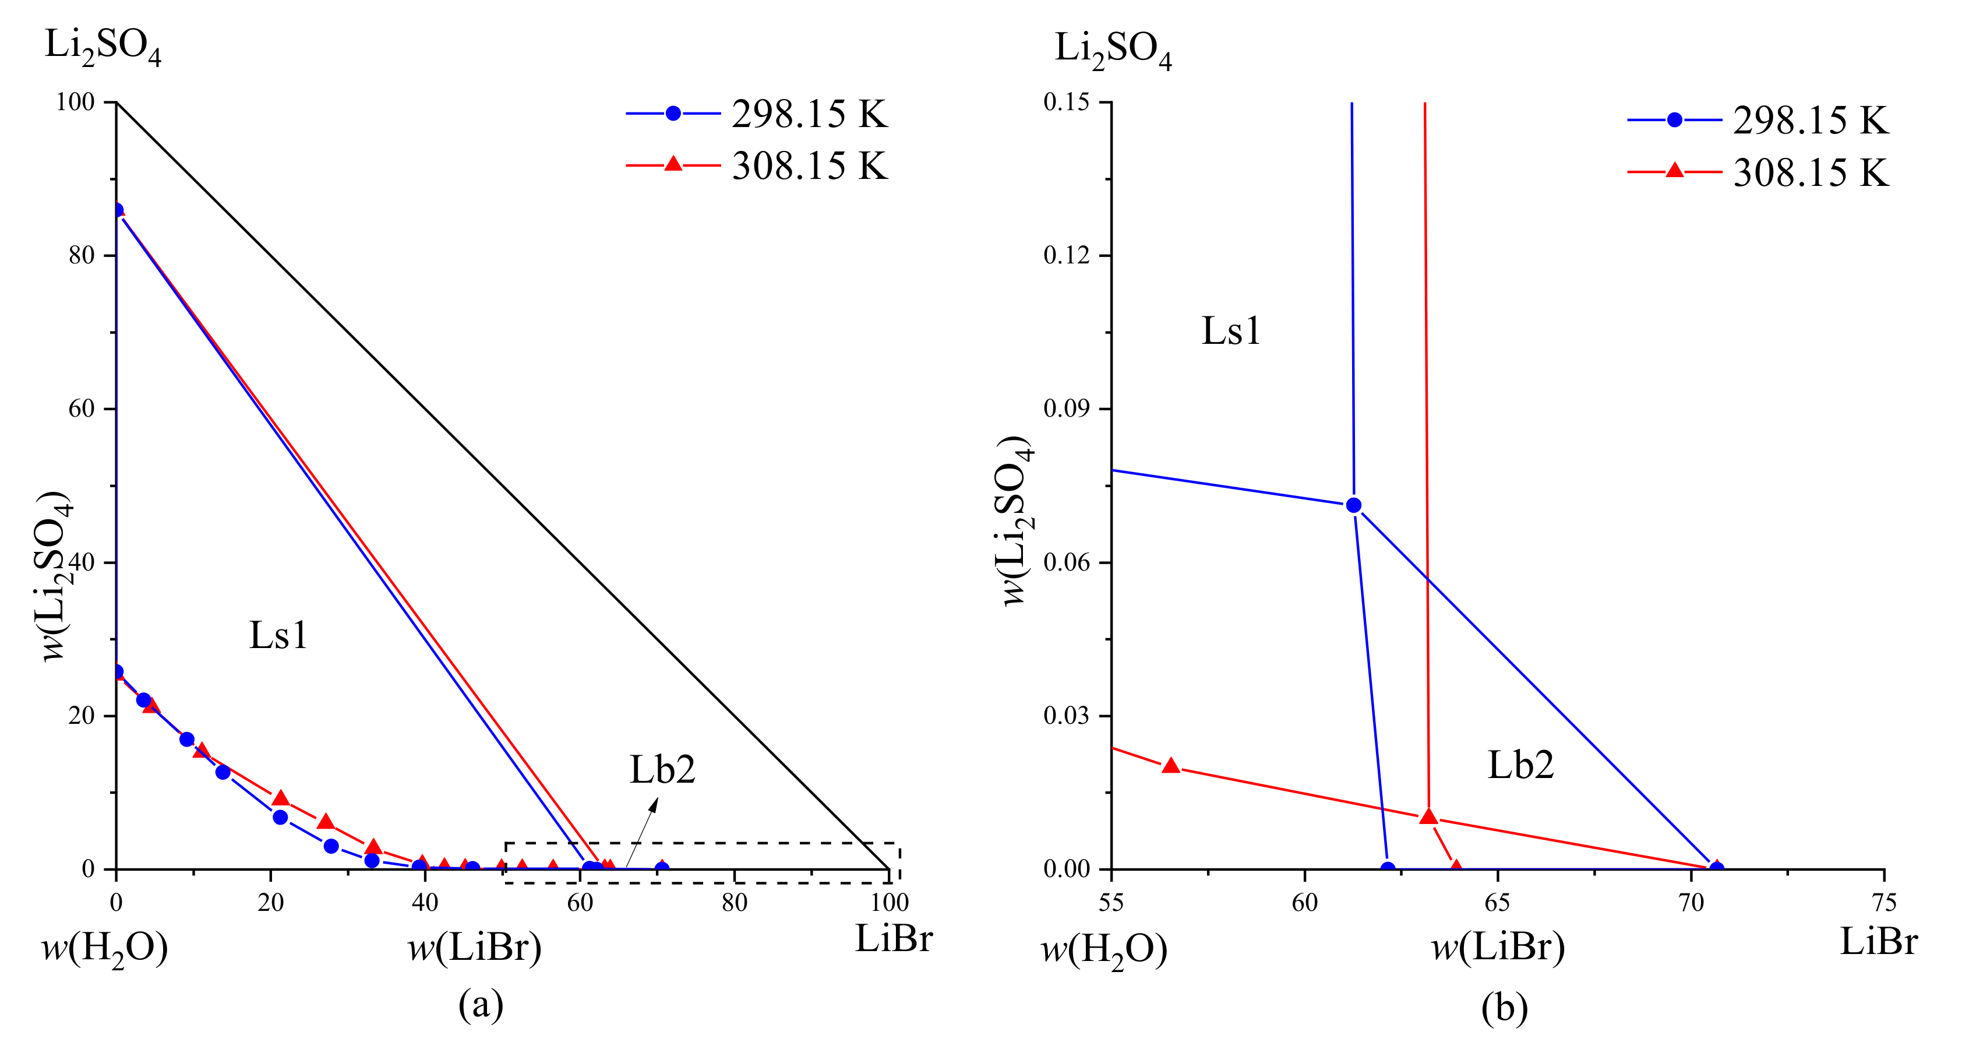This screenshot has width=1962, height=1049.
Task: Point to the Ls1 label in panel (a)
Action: tap(278, 635)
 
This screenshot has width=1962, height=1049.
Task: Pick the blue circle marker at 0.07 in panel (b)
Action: tap(1353, 505)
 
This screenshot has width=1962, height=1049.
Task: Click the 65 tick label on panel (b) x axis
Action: tap(1497, 903)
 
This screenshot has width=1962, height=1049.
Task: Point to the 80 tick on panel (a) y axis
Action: tap(82, 255)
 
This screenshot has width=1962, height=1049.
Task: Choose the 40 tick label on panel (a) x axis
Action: tap(424, 903)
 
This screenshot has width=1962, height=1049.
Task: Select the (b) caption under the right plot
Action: tap(1504, 1007)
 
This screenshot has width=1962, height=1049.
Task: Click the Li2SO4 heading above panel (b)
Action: tap(1112, 50)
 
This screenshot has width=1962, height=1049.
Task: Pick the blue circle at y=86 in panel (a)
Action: tap(117, 210)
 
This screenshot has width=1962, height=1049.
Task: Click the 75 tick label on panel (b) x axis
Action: tap(1883, 903)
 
